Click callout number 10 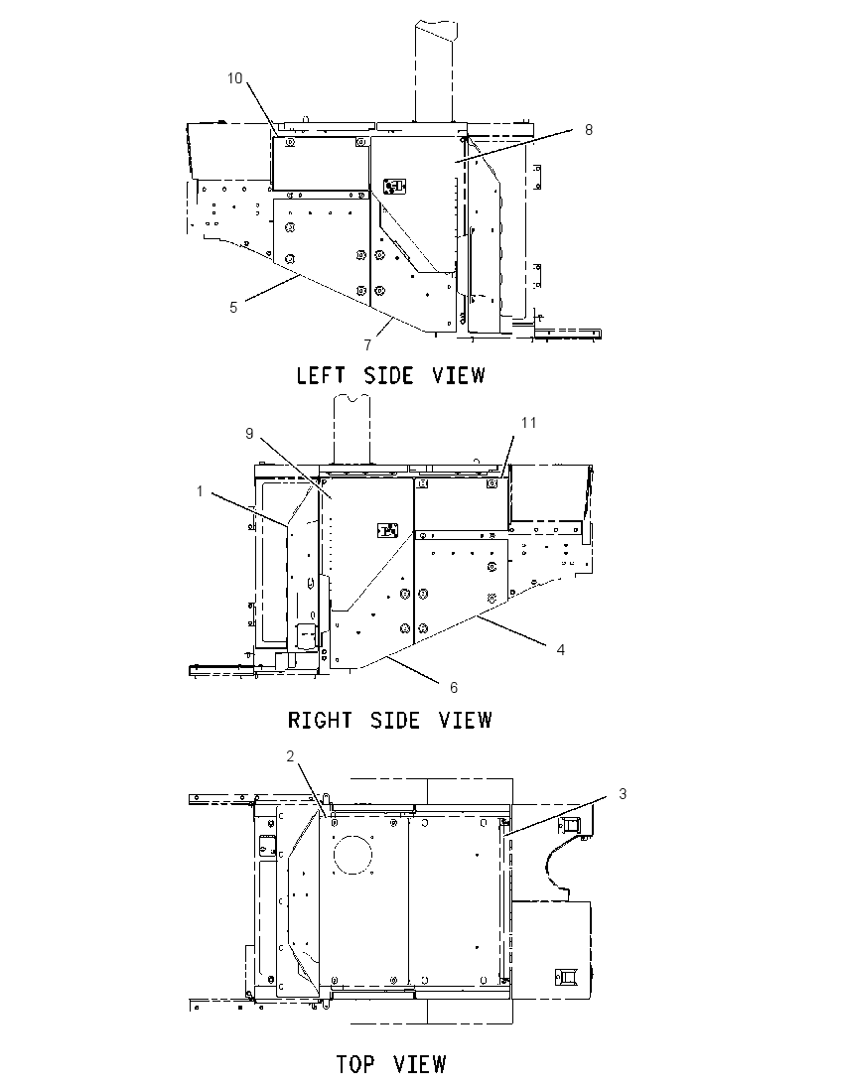click(235, 77)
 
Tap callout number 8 click(589, 130)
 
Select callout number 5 click(233, 307)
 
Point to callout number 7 click(367, 344)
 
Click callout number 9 click(249, 433)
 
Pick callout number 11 click(529, 423)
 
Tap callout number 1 click(200, 491)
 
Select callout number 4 click(561, 649)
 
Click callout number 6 click(454, 687)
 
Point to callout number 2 click(291, 756)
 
